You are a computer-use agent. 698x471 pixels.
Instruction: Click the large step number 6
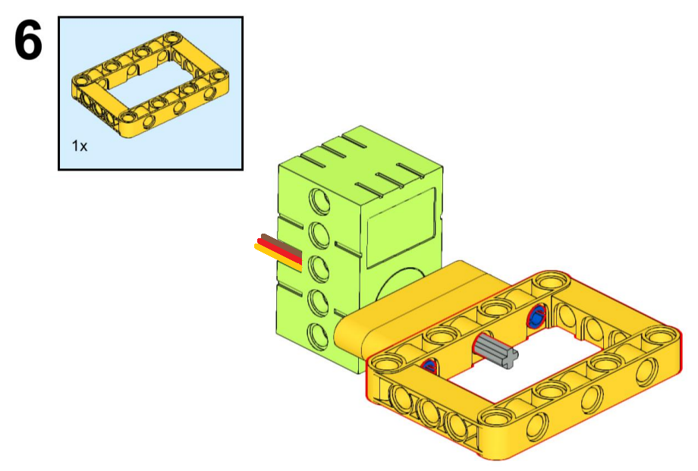tap(29, 41)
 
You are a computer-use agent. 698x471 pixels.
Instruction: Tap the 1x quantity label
tap(80, 146)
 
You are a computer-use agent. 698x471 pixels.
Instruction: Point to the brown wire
tap(281, 245)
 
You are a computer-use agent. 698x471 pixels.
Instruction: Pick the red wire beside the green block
tap(279, 251)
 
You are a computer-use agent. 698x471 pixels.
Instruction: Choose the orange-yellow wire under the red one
tap(278, 257)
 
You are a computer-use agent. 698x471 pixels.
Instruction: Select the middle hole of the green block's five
tap(319, 268)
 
